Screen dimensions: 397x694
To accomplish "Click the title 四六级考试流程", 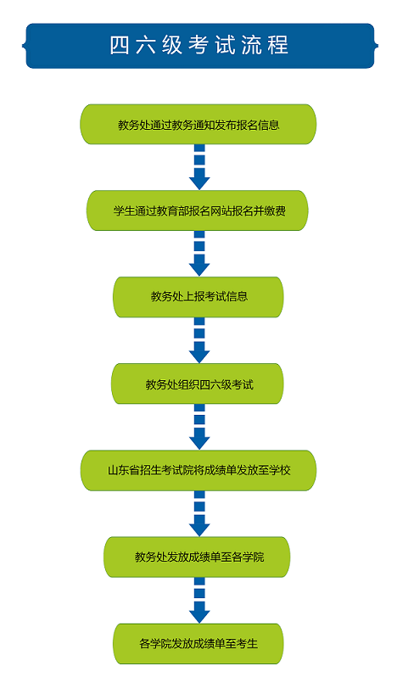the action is [x=199, y=45].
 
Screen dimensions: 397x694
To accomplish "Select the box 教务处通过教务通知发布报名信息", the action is [x=198, y=125].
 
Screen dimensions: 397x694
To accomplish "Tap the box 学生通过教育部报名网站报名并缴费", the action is [x=198, y=210].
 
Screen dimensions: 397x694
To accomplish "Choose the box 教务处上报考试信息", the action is [x=198, y=297].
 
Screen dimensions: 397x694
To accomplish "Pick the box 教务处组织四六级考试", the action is [x=198, y=383].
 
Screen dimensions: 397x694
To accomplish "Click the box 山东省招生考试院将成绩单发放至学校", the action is [x=198, y=471].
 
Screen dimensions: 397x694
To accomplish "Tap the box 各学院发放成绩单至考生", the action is [x=198, y=644].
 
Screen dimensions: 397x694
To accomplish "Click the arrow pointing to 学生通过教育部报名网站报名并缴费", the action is [x=199, y=167].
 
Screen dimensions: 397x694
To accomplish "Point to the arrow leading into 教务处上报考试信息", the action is [x=199, y=254].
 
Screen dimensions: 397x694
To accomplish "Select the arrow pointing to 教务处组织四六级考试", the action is [x=199, y=340].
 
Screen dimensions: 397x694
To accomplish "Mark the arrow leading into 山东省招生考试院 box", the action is [x=199, y=427].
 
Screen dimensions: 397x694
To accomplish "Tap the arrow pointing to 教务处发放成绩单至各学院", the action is [x=199, y=513].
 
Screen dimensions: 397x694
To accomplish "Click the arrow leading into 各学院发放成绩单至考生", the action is [x=199, y=600].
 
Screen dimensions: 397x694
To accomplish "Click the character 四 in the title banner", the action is [x=120, y=45].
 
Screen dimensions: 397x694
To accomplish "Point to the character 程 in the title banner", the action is [x=278, y=45].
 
